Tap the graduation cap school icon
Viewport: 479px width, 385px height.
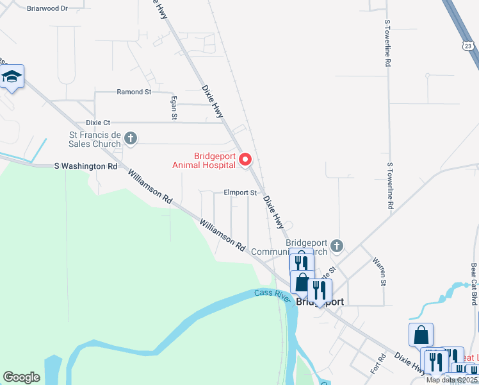click(x=12, y=78)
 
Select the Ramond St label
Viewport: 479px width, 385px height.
click(x=134, y=92)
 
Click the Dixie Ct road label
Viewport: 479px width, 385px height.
click(x=98, y=122)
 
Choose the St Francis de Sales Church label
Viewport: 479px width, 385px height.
click(x=95, y=139)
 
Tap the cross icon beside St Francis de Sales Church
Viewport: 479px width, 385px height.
click(x=131, y=138)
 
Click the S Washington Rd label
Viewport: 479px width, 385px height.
click(x=86, y=166)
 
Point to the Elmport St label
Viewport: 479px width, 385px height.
click(x=239, y=192)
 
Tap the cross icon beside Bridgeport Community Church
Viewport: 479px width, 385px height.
click(x=337, y=246)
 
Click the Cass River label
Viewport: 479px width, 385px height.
click(x=272, y=294)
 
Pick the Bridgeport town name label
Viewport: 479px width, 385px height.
click(x=320, y=302)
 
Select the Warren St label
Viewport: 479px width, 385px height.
click(x=378, y=272)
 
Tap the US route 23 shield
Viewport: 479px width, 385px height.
click(x=467, y=46)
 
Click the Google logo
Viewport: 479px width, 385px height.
click(x=22, y=377)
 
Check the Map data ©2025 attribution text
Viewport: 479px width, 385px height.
click(x=451, y=380)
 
